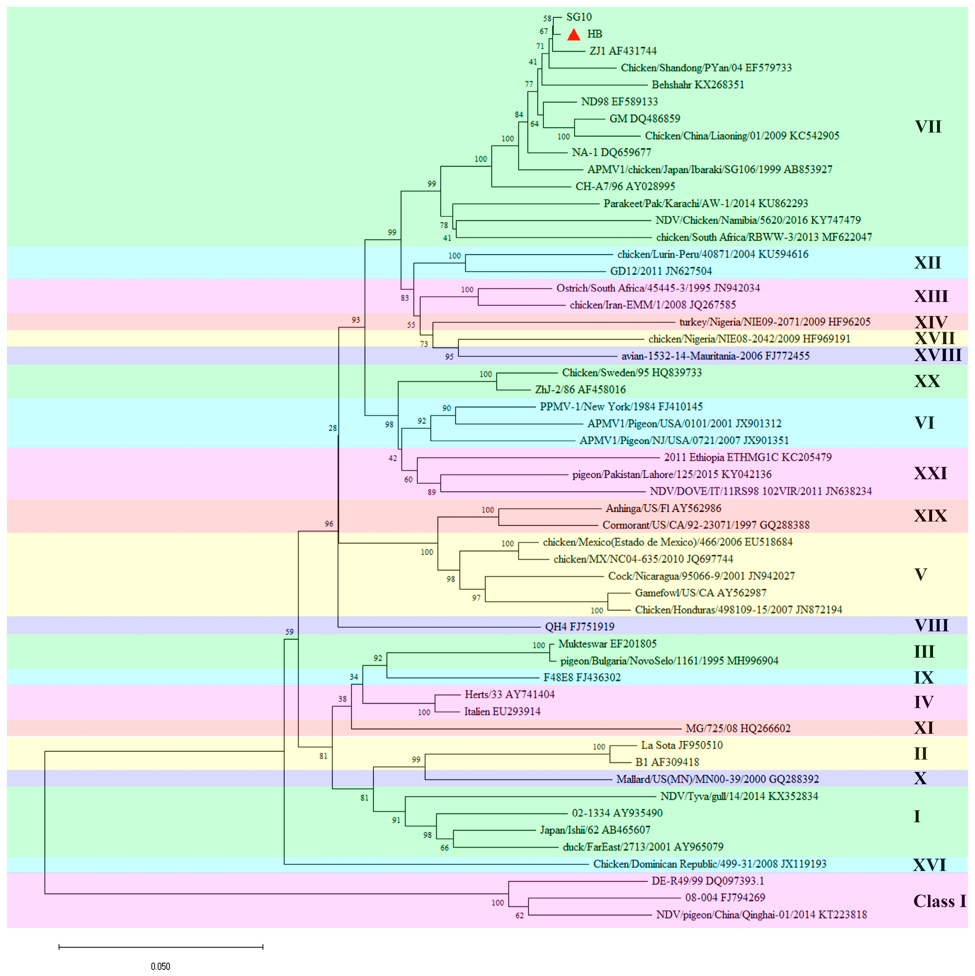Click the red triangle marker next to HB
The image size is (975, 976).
[x=573, y=34]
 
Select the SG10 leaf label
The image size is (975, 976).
[x=579, y=17]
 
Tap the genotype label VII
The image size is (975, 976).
[x=928, y=126]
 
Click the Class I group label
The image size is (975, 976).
[x=939, y=901]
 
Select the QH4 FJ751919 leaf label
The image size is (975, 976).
[x=579, y=627]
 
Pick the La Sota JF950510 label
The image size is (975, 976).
[x=681, y=745]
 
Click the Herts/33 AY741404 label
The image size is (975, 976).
[x=509, y=695]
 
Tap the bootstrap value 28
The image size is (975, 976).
[x=333, y=428]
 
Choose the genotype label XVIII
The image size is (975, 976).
[x=938, y=355]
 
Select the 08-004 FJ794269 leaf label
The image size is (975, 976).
[x=725, y=898]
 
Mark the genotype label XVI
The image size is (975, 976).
[x=929, y=865]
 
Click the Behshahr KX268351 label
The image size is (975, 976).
[x=698, y=85]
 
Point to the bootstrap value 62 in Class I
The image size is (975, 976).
[x=519, y=915]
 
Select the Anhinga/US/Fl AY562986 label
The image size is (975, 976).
[x=663, y=508]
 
